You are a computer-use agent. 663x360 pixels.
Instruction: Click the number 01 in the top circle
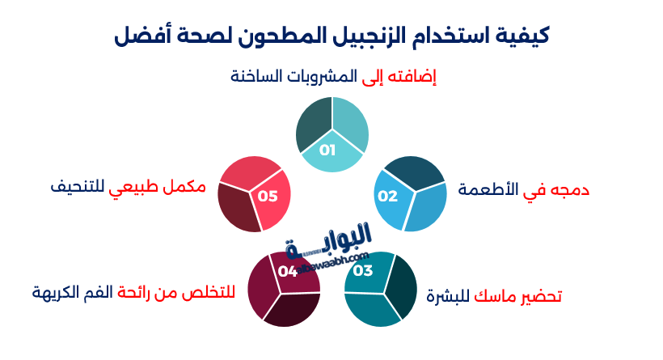(327, 150)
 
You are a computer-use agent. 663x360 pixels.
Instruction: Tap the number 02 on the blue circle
(388, 196)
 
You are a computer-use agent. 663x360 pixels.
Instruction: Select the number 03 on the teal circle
(363, 270)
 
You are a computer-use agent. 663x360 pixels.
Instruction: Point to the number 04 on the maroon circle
(288, 271)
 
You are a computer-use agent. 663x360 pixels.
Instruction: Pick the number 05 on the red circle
(268, 196)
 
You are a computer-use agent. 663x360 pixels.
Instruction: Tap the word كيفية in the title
(522, 36)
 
